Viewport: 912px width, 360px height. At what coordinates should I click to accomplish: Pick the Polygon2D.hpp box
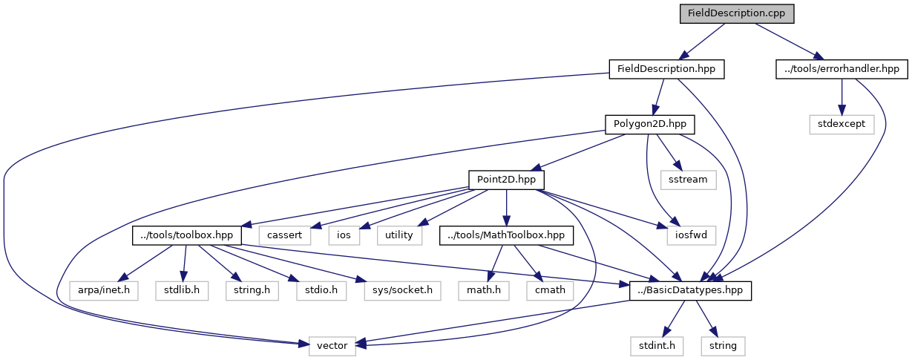click(x=645, y=124)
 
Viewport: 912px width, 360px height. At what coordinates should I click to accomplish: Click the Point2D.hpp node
click(x=506, y=179)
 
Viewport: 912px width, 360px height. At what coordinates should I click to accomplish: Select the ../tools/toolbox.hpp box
click(x=187, y=235)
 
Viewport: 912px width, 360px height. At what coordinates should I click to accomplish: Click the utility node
click(x=399, y=235)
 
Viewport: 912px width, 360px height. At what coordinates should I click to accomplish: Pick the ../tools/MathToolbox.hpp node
click(x=506, y=235)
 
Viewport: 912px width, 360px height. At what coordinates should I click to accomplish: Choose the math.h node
click(x=484, y=289)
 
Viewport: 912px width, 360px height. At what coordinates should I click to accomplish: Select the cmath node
click(x=551, y=289)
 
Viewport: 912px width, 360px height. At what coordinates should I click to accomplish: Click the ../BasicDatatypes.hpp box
click(x=690, y=290)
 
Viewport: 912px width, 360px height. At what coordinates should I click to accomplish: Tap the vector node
click(x=327, y=345)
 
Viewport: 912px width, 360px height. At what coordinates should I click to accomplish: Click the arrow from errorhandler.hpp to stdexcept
click(x=842, y=96)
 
